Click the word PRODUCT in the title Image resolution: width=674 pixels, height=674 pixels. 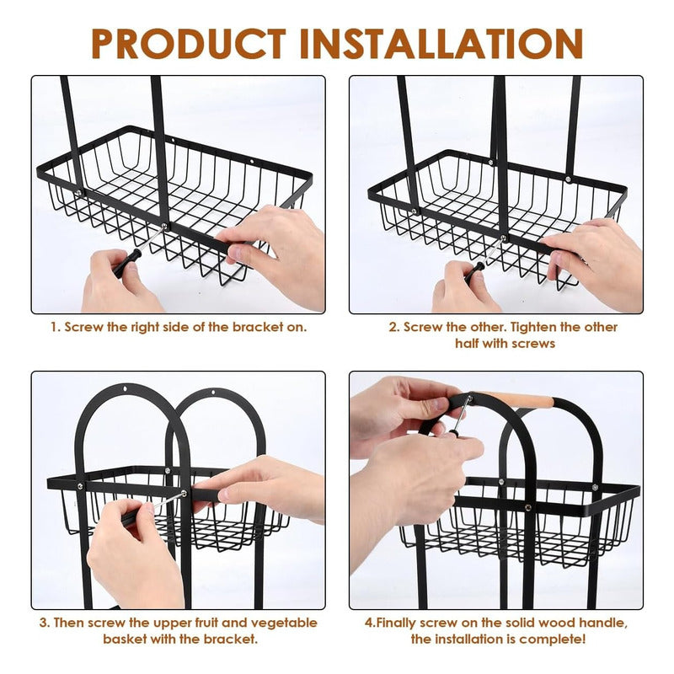pos(189,44)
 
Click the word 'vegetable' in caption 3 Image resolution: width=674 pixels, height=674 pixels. pos(284,623)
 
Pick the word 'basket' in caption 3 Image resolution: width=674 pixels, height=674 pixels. pos(125,639)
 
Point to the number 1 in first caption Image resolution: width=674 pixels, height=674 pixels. pos(54,328)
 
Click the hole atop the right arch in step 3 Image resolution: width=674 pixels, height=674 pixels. pos(213,393)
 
